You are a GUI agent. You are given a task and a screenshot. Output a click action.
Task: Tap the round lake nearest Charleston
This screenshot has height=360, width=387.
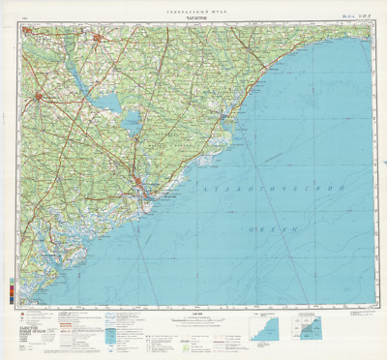pos(131,120)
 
